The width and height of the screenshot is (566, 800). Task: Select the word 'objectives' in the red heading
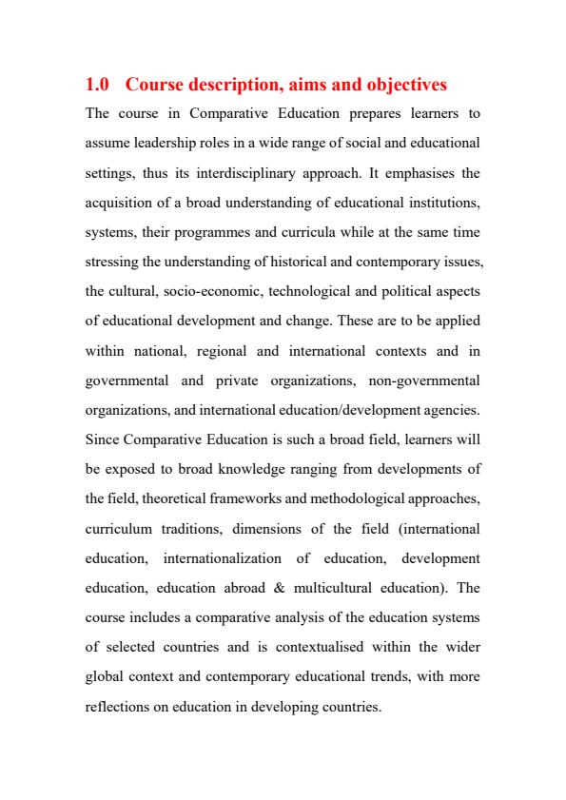pyautogui.click(x=400, y=86)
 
